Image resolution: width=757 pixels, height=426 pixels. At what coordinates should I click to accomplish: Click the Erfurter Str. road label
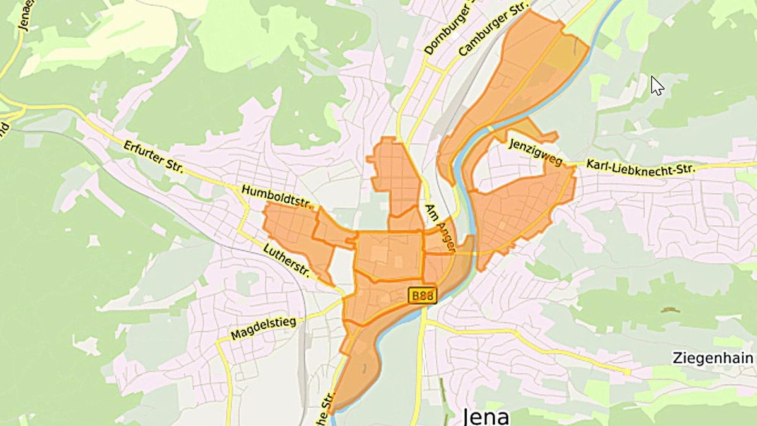[x=153, y=157]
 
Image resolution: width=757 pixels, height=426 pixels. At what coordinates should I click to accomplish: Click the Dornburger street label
[x=449, y=29]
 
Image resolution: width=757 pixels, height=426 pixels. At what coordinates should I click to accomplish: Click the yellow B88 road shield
[x=421, y=295]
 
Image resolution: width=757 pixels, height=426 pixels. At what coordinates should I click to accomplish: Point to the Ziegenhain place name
[x=712, y=358]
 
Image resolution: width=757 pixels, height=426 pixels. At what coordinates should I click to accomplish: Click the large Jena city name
[x=486, y=417]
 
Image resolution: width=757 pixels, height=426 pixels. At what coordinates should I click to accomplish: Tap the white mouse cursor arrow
[x=657, y=85]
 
